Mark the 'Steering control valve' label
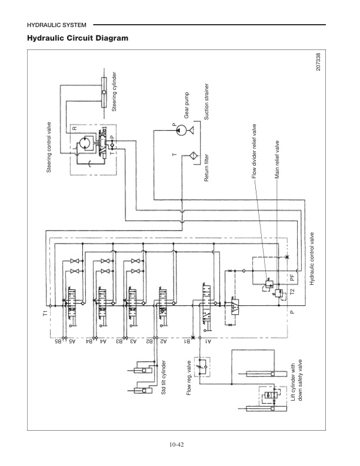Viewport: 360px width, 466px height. pyautogui.click(x=49, y=147)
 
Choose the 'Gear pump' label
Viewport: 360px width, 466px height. pyautogui.click(x=186, y=105)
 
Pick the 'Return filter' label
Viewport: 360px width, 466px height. pyautogui.click(x=207, y=171)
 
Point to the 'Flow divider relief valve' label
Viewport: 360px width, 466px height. pyautogui.click(x=254, y=151)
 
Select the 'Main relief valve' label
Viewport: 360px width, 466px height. pyautogui.click(x=276, y=159)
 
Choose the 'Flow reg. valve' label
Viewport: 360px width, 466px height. pyautogui.click(x=189, y=377)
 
